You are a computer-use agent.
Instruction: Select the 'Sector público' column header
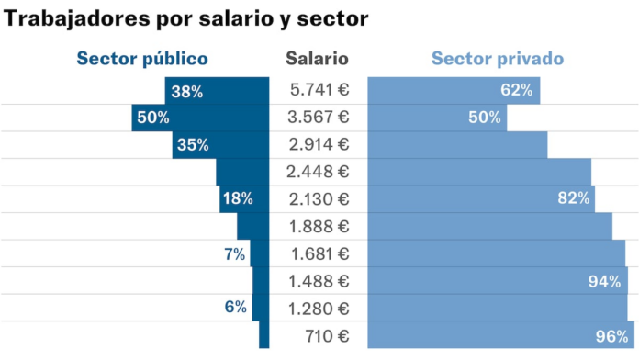tap(142, 59)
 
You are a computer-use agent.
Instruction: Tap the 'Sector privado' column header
tap(497, 59)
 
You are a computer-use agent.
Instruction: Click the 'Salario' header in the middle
tap(317, 59)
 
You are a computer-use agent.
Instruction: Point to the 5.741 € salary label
tap(319, 90)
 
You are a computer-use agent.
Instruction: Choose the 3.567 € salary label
tap(319, 117)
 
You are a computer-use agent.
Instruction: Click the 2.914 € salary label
tap(319, 144)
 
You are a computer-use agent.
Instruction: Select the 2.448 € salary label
tap(319, 172)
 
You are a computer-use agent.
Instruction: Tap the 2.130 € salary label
tap(319, 198)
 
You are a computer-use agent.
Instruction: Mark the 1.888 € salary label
tap(319, 226)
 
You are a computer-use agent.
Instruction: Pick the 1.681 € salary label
tap(319, 253)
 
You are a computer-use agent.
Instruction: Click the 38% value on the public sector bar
tap(186, 91)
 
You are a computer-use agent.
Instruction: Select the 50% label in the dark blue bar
tap(153, 118)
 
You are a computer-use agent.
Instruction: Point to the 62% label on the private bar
tap(516, 90)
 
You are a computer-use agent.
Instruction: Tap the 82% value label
tap(573, 198)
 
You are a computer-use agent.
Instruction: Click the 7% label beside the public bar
tap(235, 254)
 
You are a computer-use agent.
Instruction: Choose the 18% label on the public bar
tap(237, 198)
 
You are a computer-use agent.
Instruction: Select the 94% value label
tap(604, 281)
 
